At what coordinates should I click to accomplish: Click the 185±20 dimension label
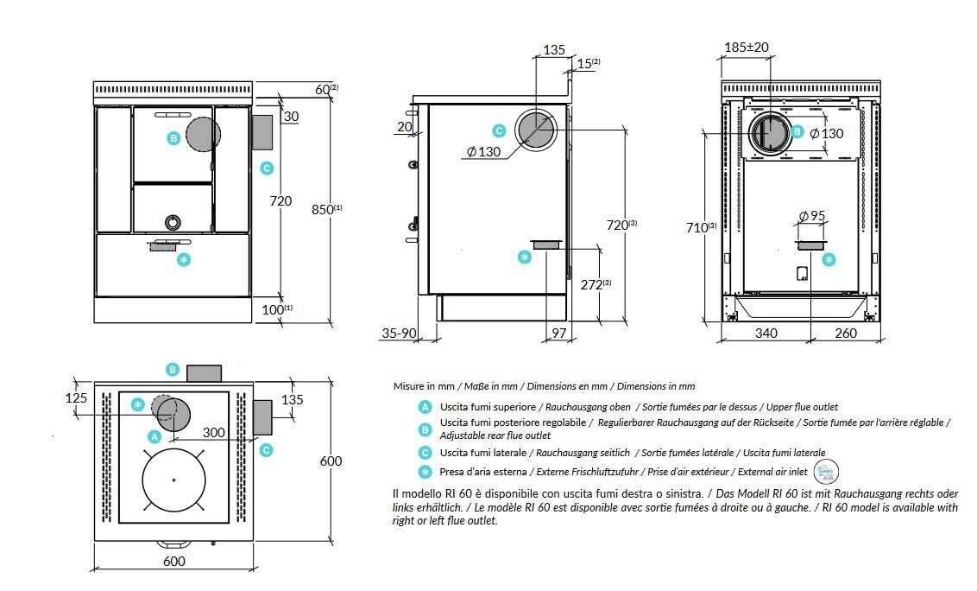[747, 48]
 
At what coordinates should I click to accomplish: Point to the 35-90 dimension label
[400, 333]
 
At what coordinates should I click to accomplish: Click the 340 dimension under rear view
[766, 333]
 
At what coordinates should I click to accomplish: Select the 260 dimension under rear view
[846, 333]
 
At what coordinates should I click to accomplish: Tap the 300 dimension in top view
[213, 431]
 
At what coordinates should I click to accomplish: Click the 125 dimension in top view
[77, 398]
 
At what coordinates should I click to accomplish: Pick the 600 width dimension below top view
[173, 562]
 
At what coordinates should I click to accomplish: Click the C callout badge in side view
[499, 131]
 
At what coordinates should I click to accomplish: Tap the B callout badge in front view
[173, 138]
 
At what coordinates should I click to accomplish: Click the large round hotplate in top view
[173, 480]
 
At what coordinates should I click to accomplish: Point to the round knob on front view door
[173, 221]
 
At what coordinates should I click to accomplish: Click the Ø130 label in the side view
[484, 151]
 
